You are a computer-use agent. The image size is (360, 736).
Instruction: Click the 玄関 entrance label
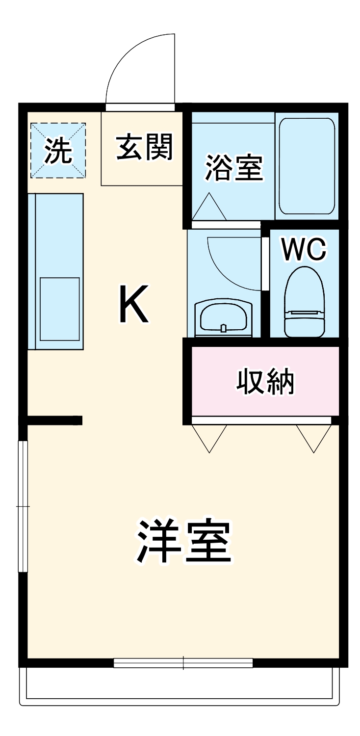(145, 147)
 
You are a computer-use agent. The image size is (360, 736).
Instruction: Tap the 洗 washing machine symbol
(58, 151)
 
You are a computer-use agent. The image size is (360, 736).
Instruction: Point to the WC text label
(304, 250)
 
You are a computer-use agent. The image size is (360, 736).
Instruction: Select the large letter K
(133, 305)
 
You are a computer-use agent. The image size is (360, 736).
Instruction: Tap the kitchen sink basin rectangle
(59, 309)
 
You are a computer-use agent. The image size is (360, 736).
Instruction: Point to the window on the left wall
(23, 506)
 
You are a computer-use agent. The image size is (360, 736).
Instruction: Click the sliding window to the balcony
(183, 663)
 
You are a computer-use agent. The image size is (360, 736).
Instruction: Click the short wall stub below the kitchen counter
(54, 420)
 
